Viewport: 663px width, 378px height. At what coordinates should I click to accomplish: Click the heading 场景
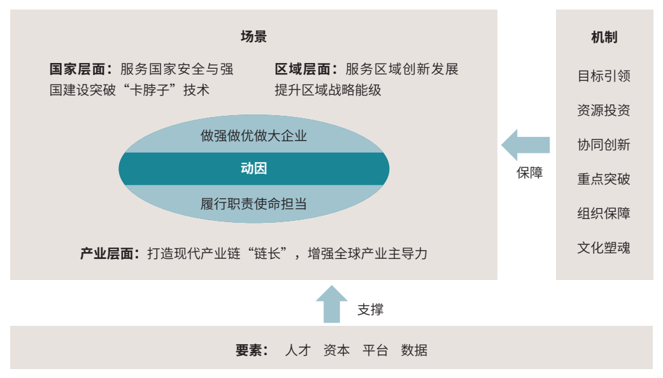point(253,36)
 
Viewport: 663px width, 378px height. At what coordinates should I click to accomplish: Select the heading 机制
point(604,38)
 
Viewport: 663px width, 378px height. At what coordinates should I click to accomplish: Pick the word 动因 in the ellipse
point(253,169)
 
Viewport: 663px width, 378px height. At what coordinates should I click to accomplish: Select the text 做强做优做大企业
point(253,136)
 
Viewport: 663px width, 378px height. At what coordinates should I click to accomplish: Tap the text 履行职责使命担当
point(253,204)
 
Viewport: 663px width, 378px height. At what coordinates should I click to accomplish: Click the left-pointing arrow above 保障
point(525,144)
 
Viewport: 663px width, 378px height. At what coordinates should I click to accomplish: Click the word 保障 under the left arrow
point(529,173)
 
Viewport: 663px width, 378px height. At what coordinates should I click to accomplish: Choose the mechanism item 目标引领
point(604,76)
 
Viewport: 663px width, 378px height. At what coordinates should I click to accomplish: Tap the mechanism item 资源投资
point(604,111)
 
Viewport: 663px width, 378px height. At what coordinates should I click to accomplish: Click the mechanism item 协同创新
point(604,145)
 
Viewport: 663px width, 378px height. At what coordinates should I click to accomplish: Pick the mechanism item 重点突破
point(604,179)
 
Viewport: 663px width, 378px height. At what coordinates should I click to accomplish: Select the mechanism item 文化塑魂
point(604,248)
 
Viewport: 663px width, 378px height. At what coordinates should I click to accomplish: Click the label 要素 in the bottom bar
point(252,350)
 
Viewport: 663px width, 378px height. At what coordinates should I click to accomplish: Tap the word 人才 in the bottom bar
point(297,350)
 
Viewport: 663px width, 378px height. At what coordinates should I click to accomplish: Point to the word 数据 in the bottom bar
point(414,350)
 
